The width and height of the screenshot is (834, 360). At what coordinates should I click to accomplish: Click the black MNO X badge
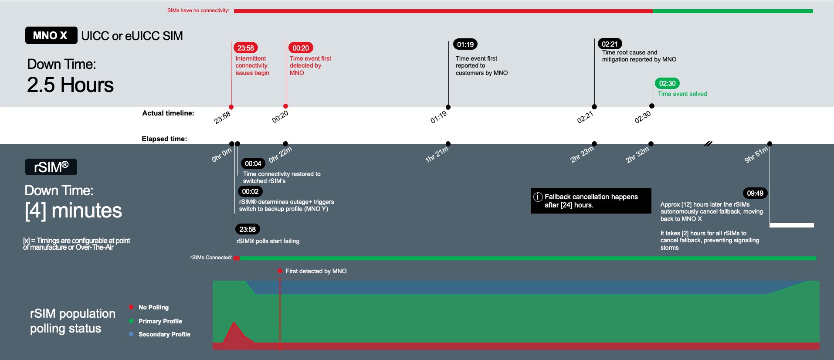coord(51,36)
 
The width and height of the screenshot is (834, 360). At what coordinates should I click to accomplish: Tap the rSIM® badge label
coord(51,167)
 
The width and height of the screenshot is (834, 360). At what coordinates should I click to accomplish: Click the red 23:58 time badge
coord(246,48)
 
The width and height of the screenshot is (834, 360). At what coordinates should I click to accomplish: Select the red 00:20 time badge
coord(301,48)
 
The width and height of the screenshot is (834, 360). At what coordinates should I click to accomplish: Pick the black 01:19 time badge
coord(465,44)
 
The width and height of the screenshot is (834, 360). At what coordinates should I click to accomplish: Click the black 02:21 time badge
coord(610,44)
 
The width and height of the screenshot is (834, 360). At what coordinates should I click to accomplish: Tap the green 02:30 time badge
coord(667,83)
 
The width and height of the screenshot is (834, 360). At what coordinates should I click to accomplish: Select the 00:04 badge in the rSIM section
coord(253,163)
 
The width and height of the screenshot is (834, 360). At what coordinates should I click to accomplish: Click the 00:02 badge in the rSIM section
coord(250,191)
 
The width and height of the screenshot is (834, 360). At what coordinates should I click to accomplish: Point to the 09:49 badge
coord(755,193)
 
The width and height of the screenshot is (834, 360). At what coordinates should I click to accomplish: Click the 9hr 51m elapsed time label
coord(756,155)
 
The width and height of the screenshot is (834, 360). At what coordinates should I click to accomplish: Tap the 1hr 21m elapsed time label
coord(437,154)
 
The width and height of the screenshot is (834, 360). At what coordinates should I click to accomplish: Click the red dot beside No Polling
coord(131,307)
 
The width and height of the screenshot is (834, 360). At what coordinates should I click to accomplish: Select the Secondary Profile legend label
coord(164,334)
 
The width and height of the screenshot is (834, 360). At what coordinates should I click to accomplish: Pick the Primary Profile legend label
coord(160,321)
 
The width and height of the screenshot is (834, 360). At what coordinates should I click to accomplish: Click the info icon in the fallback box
coord(538,197)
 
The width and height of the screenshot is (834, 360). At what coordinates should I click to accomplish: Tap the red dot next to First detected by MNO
coord(280,271)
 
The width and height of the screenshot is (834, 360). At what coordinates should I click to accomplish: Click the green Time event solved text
coord(682,94)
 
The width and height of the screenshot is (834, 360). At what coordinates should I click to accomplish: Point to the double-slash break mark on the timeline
coord(708,143)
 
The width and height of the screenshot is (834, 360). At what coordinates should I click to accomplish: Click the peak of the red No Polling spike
coord(234,323)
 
